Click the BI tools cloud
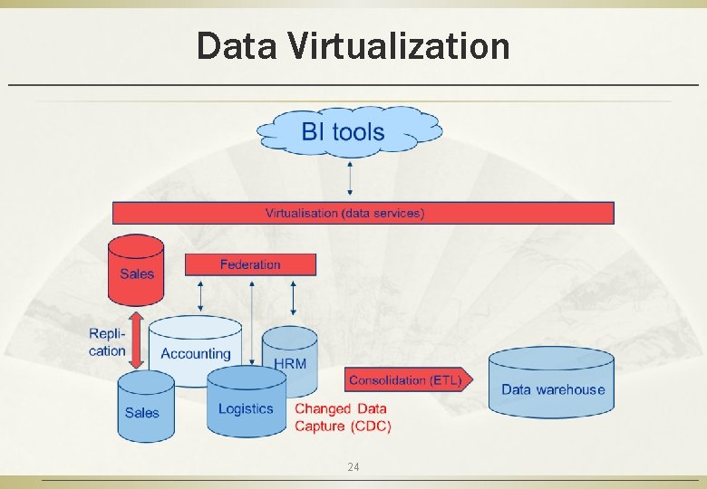tap(349, 132)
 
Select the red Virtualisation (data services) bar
tap(363, 213)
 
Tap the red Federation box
tap(250, 264)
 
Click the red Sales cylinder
tap(136, 270)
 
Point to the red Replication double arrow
tap(137, 340)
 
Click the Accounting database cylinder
tap(194, 349)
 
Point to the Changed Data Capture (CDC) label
tap(343, 417)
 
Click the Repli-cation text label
tap(107, 342)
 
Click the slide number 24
tap(353, 467)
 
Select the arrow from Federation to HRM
tap(293, 297)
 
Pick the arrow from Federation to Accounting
tap(200, 295)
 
